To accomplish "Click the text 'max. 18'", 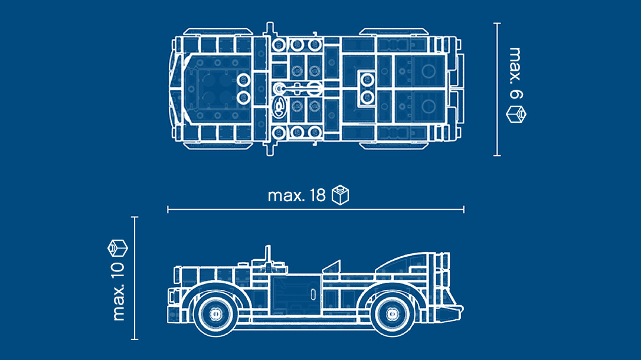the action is (296, 196).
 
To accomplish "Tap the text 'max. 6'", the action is (516, 73).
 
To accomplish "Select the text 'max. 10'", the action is (118, 292).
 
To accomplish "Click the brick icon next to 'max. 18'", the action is (340, 195).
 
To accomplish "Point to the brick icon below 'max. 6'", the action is (516, 114).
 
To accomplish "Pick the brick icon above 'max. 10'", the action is (117, 248).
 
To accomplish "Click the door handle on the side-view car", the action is (313, 294).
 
